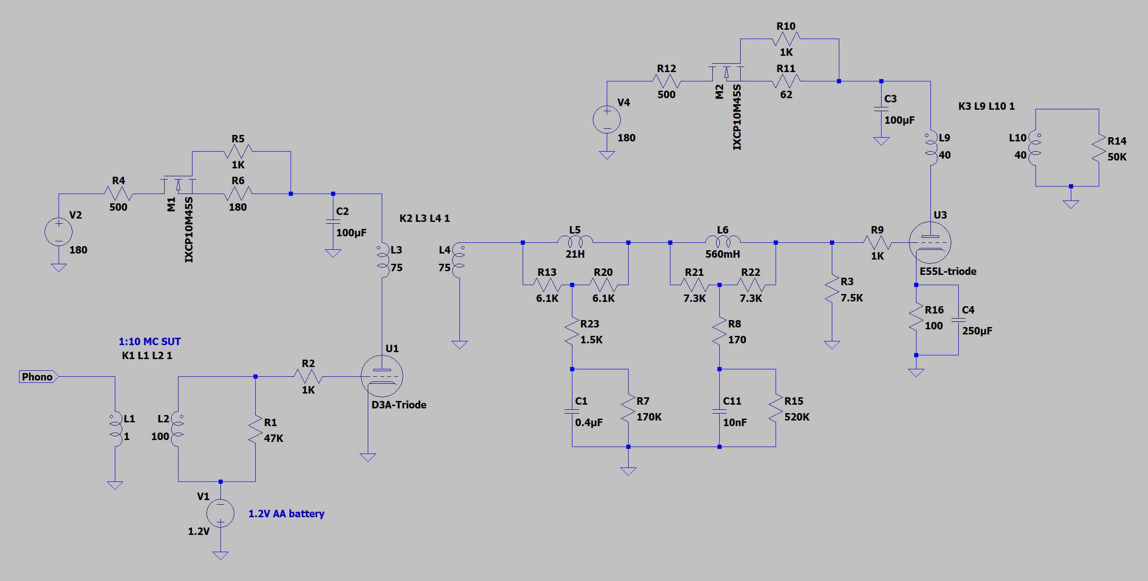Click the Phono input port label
[x=38, y=376]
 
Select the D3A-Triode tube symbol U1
[x=382, y=376]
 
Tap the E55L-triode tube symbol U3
[x=930, y=242]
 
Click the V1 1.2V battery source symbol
[x=220, y=513]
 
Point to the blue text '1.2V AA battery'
[x=286, y=514]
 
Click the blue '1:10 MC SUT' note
[x=150, y=341]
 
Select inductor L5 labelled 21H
[x=575, y=241]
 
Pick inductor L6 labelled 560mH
[x=723, y=241]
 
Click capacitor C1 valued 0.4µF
[x=572, y=411]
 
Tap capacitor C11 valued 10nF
[x=719, y=411]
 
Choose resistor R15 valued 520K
[x=776, y=408]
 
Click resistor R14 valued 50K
[x=1099, y=148]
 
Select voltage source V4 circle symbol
[x=607, y=120]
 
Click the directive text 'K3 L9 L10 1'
[x=986, y=106]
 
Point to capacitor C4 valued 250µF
[x=958, y=320]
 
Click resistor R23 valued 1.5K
[x=572, y=331]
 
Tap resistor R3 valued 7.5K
[x=832, y=289]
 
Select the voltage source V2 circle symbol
[x=59, y=232]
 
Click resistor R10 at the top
[x=786, y=39]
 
